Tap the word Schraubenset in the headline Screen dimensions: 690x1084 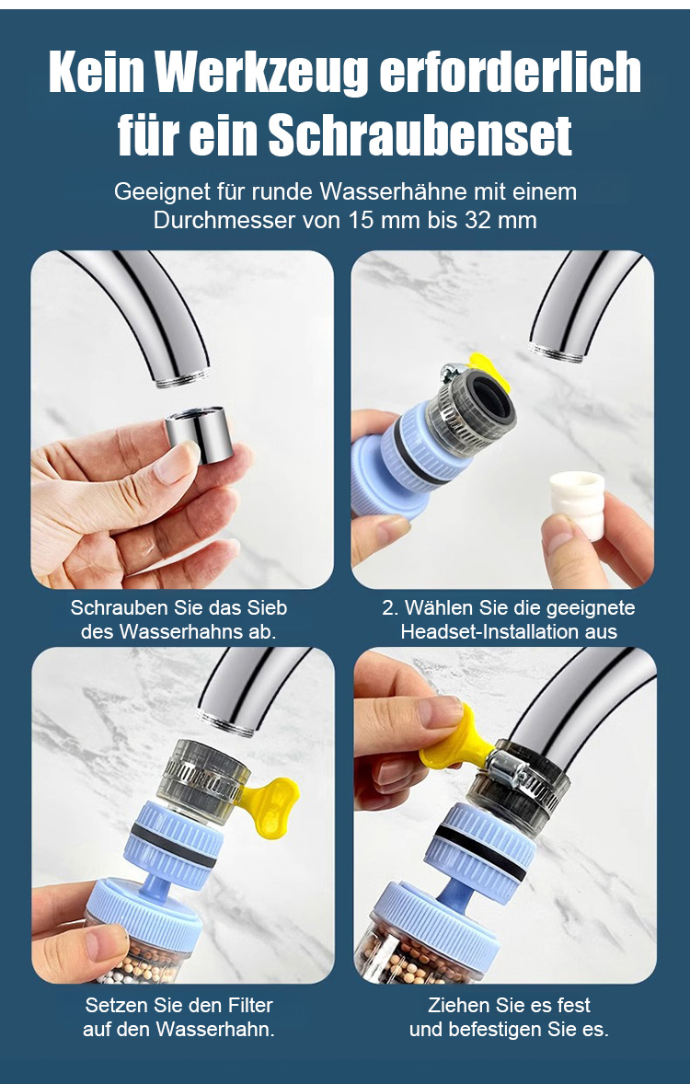(x=420, y=134)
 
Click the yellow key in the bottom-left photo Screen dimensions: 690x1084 (x=266, y=804)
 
